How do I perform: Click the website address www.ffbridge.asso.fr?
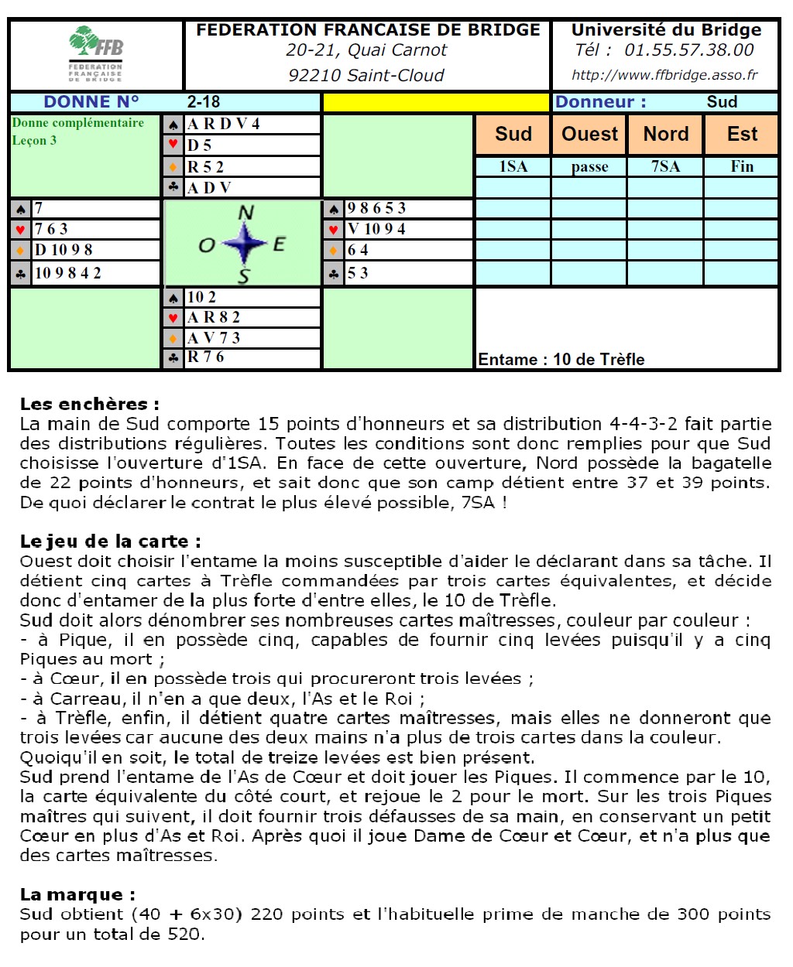click(664, 75)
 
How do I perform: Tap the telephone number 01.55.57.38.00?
click(688, 50)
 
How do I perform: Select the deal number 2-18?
click(204, 102)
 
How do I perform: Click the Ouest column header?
click(589, 135)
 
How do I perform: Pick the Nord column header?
click(666, 135)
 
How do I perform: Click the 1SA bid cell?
click(513, 166)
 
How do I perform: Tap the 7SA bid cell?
click(666, 166)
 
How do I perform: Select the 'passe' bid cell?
click(589, 166)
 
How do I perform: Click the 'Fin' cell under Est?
click(742, 166)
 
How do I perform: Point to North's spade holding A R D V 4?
click(224, 124)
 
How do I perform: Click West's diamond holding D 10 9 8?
click(64, 250)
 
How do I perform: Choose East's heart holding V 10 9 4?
click(376, 229)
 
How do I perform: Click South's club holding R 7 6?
click(206, 357)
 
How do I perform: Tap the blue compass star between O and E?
click(245, 243)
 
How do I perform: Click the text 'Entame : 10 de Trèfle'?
click(561, 359)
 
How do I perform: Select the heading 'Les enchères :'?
click(90, 404)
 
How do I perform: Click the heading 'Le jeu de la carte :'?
click(111, 542)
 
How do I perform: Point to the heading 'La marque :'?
click(77, 895)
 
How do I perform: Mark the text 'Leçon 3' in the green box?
click(34, 141)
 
